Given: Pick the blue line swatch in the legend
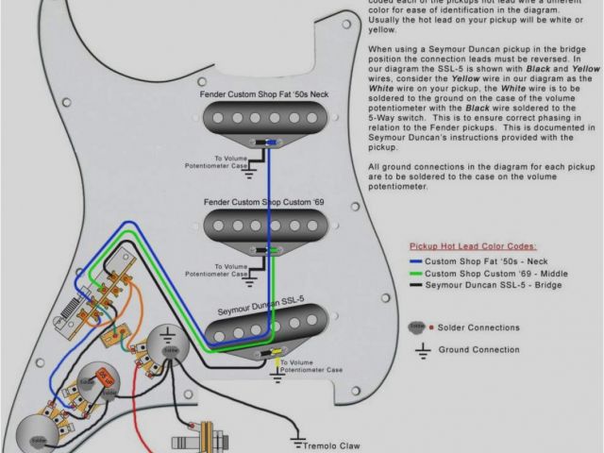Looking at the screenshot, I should (x=416, y=259).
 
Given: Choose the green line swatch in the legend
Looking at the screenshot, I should (x=416, y=272).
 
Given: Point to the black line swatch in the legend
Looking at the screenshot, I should (x=416, y=284).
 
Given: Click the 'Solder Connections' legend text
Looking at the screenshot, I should (x=479, y=327).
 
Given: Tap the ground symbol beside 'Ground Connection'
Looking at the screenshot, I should (x=423, y=349).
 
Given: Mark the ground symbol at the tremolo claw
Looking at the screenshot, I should (x=298, y=441).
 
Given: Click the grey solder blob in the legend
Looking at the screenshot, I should (x=414, y=327).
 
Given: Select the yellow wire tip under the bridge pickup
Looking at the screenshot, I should (x=275, y=353).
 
